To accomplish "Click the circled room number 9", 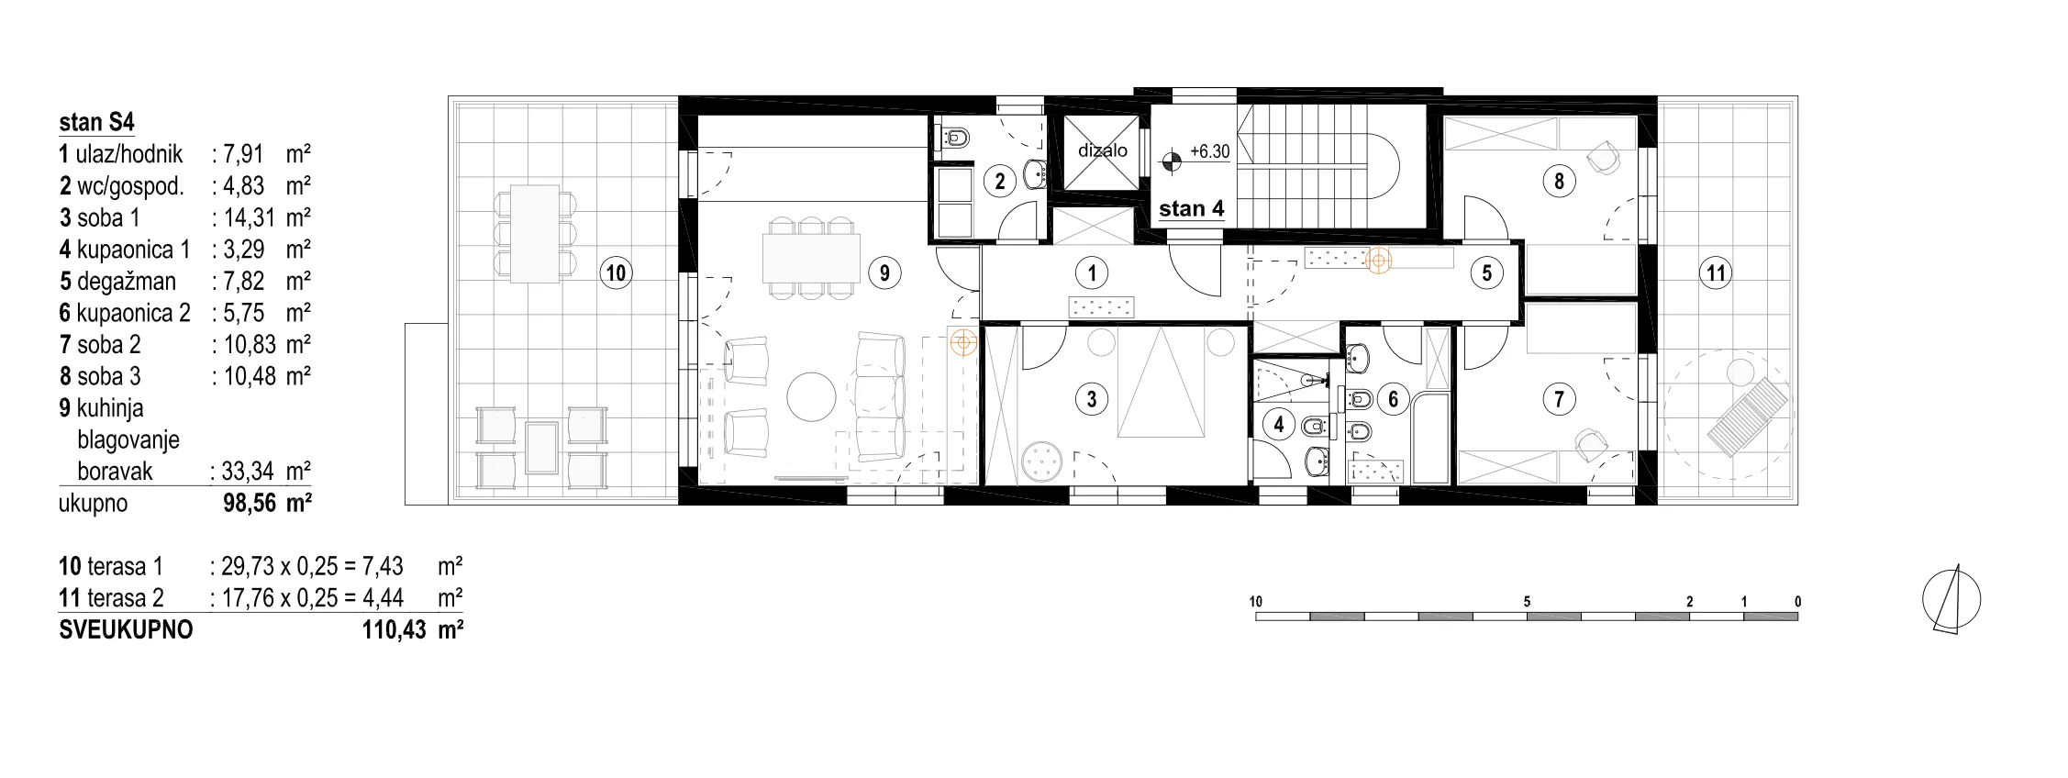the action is tap(884, 272).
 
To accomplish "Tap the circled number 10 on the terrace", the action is tap(616, 272).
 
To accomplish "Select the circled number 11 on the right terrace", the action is tap(1716, 272).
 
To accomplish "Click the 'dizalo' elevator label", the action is tap(1103, 150).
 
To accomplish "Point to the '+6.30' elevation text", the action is tap(1209, 151).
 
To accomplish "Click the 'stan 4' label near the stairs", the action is tap(1192, 209).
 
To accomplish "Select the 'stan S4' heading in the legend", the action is tap(96, 122).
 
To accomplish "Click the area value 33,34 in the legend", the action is tap(248, 472).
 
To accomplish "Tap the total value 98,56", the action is tap(250, 504).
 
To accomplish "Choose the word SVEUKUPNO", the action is tap(126, 630).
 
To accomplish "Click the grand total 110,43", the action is tap(395, 630).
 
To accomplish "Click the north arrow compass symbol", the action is tap(1951, 600).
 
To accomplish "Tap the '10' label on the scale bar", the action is tap(1256, 602).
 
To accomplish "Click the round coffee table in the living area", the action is tap(812, 396).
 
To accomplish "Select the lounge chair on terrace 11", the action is tap(1748, 417).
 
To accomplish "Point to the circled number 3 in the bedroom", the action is tap(1092, 399).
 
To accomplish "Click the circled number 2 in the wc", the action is tap(1000, 182).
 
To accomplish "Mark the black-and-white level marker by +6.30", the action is tap(1170, 162).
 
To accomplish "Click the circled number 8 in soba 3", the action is tap(1559, 181).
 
